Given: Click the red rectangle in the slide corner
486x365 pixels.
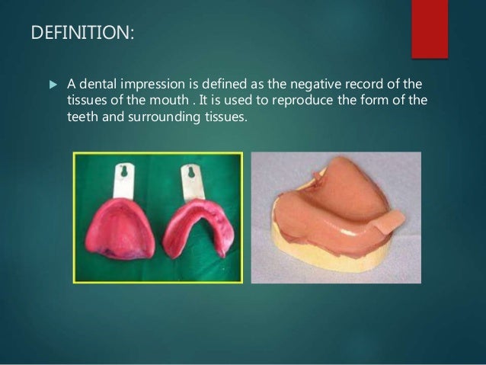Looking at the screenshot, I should click(430, 27).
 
